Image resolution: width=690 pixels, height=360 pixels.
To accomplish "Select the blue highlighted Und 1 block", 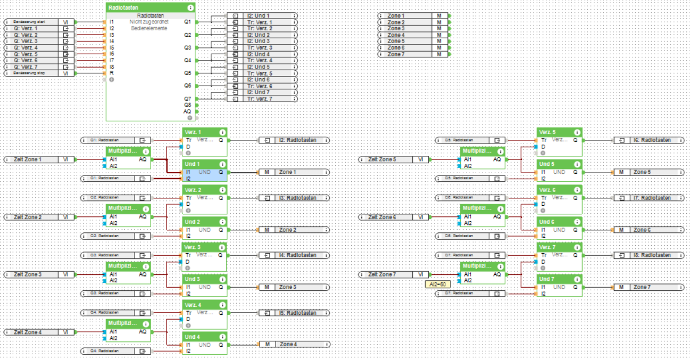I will pos(204,173).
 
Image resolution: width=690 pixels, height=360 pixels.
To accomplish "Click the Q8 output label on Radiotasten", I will pos(187,105).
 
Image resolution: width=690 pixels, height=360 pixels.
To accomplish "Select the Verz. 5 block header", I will pos(559,132).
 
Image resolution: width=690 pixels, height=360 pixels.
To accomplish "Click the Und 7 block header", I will pos(559,279).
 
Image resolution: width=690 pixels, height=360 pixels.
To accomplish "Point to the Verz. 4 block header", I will pos(204,305).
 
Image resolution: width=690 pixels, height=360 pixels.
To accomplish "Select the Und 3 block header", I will pos(204,279).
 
